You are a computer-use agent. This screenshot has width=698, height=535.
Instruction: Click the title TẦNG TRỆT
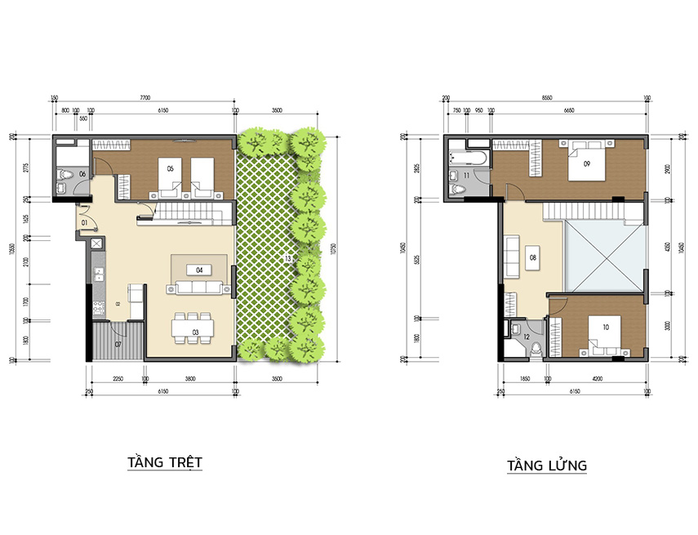coord(164,462)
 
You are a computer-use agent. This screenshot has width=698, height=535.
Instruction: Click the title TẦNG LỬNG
coord(546,466)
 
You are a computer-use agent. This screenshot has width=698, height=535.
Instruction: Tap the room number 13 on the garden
coord(288,259)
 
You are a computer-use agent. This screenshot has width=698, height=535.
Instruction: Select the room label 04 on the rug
coord(199,270)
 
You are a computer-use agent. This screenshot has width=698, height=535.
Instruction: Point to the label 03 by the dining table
coord(196,332)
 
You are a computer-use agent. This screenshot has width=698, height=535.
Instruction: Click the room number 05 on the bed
coord(170,168)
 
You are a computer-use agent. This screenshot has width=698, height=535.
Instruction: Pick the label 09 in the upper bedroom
coord(586,163)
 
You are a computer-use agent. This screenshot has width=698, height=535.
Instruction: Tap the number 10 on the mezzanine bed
coord(605,328)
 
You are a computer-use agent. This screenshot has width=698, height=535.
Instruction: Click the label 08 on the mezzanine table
coord(532,258)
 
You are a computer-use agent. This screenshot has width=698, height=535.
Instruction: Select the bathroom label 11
coord(466,176)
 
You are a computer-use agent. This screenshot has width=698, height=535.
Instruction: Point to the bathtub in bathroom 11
coord(469,154)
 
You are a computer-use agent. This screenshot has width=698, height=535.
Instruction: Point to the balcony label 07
coord(118,345)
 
